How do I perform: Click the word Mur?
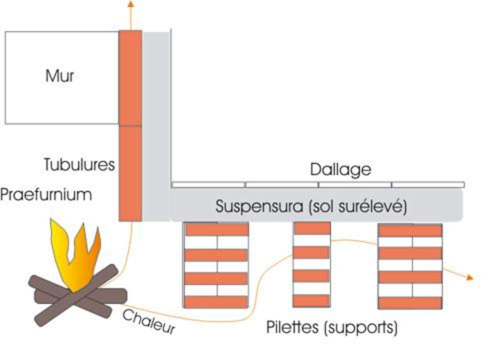coord(59,76)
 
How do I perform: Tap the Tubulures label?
coord(79,164)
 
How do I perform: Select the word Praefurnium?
coord(46,194)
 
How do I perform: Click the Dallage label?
coord(340,169)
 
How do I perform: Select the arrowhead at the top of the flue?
coord(130,4)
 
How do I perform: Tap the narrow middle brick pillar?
coord(311,264)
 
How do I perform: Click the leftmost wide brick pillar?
coord(216,265)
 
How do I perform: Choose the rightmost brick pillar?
coord(410,266)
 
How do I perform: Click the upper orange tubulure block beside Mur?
coord(130,77)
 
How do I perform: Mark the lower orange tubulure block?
coord(130,172)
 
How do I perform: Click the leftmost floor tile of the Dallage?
coord(208,184)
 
